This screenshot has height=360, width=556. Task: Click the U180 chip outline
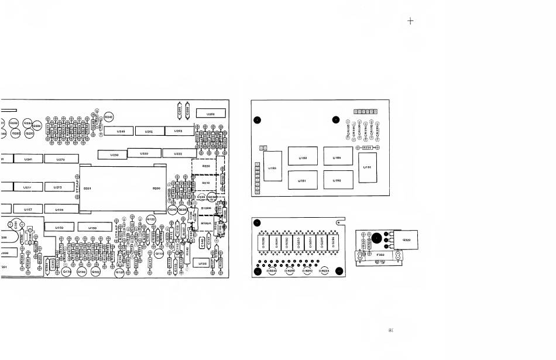pyautogui.click(x=303, y=157)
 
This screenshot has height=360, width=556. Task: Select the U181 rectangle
pyautogui.click(x=303, y=180)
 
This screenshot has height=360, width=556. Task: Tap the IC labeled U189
pyautogui.click(x=338, y=157)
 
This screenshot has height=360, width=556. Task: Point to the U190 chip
pyautogui.click(x=338, y=180)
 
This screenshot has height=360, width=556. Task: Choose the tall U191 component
pyautogui.click(x=368, y=167)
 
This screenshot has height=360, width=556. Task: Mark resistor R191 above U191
pyautogui.click(x=367, y=148)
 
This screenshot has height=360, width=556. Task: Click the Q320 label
pyautogui.click(x=407, y=239)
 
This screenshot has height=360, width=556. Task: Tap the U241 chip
pyautogui.click(x=28, y=159)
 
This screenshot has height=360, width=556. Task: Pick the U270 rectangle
pyautogui.click(x=60, y=159)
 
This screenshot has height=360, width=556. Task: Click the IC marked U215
pyautogui.click(x=59, y=187)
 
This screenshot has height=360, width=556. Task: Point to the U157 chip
pyautogui.click(x=28, y=208)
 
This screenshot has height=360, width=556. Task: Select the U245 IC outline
pyautogui.click(x=121, y=132)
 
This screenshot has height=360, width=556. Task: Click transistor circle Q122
pyautogui.click(x=150, y=220)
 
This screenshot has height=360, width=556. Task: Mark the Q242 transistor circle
pyautogui.click(x=109, y=117)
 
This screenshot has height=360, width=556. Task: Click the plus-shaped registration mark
pyautogui.click(x=410, y=21)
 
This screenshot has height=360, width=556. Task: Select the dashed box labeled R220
pyautogui.click(x=206, y=166)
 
